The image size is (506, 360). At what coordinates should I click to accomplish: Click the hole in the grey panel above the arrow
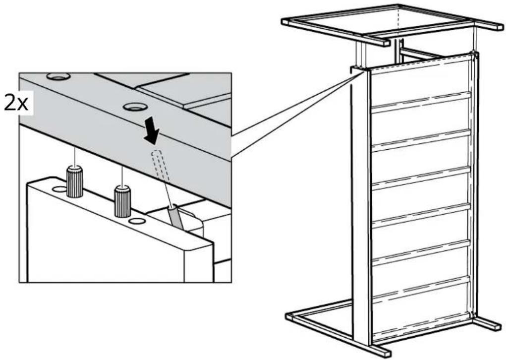tap(135, 107)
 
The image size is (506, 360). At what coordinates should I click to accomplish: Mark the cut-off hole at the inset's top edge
tap(58, 76)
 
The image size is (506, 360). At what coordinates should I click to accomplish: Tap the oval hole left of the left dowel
tap(59, 189)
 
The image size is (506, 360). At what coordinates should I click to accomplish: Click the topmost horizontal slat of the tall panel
tap(421, 102)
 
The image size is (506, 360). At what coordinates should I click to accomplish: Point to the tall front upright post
tap(360, 207)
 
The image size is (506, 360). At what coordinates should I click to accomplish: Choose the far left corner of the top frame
tap(285, 21)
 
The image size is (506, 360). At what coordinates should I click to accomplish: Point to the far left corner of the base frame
tap(289, 315)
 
